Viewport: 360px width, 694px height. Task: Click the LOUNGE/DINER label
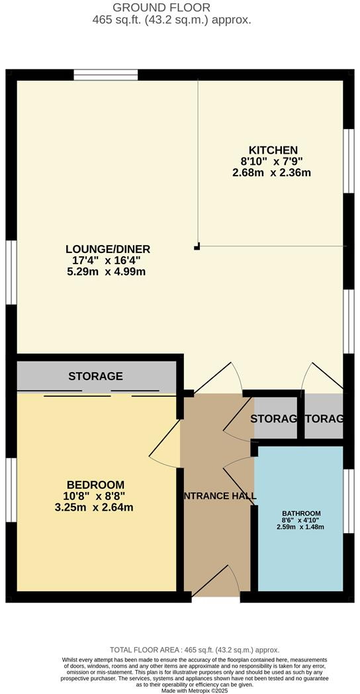(x=108, y=249)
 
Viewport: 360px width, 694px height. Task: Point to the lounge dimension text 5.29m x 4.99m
(x=108, y=272)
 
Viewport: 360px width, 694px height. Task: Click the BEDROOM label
(x=95, y=485)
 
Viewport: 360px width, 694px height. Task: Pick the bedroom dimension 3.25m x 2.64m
(x=95, y=507)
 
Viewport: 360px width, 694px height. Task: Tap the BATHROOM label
(x=301, y=513)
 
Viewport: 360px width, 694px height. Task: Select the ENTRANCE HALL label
(x=218, y=496)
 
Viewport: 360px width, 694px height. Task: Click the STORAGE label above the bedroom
(x=95, y=376)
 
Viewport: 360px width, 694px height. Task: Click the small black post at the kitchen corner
(x=197, y=247)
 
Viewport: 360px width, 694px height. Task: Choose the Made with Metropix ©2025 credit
(x=181, y=691)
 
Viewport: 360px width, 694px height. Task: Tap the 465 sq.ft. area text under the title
(x=172, y=20)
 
